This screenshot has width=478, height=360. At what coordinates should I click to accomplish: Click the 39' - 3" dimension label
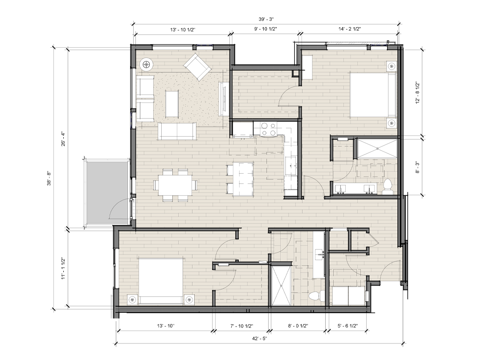pyautogui.click(x=265, y=19)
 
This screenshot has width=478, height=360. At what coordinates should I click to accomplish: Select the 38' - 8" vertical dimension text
pyautogui.click(x=49, y=179)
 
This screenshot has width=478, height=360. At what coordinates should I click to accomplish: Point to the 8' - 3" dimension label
pyautogui.click(x=418, y=168)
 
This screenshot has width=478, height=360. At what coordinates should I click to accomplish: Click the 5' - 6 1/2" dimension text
pyautogui.click(x=347, y=326)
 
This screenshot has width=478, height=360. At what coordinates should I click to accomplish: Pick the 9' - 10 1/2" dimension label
pyautogui.click(x=265, y=29)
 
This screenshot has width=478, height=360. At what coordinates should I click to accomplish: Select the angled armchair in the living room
pyautogui.click(x=197, y=67)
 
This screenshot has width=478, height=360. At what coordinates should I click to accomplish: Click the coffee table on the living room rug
pyautogui.click(x=172, y=103)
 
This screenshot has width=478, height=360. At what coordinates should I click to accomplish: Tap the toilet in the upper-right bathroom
pyautogui.click(x=388, y=187)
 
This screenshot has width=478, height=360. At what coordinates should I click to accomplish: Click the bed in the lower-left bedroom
pyautogui.click(x=161, y=281)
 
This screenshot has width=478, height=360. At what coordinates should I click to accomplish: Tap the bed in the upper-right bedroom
pyautogui.click(x=373, y=95)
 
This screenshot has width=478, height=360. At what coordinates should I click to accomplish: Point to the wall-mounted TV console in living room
pyautogui.click(x=224, y=99)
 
